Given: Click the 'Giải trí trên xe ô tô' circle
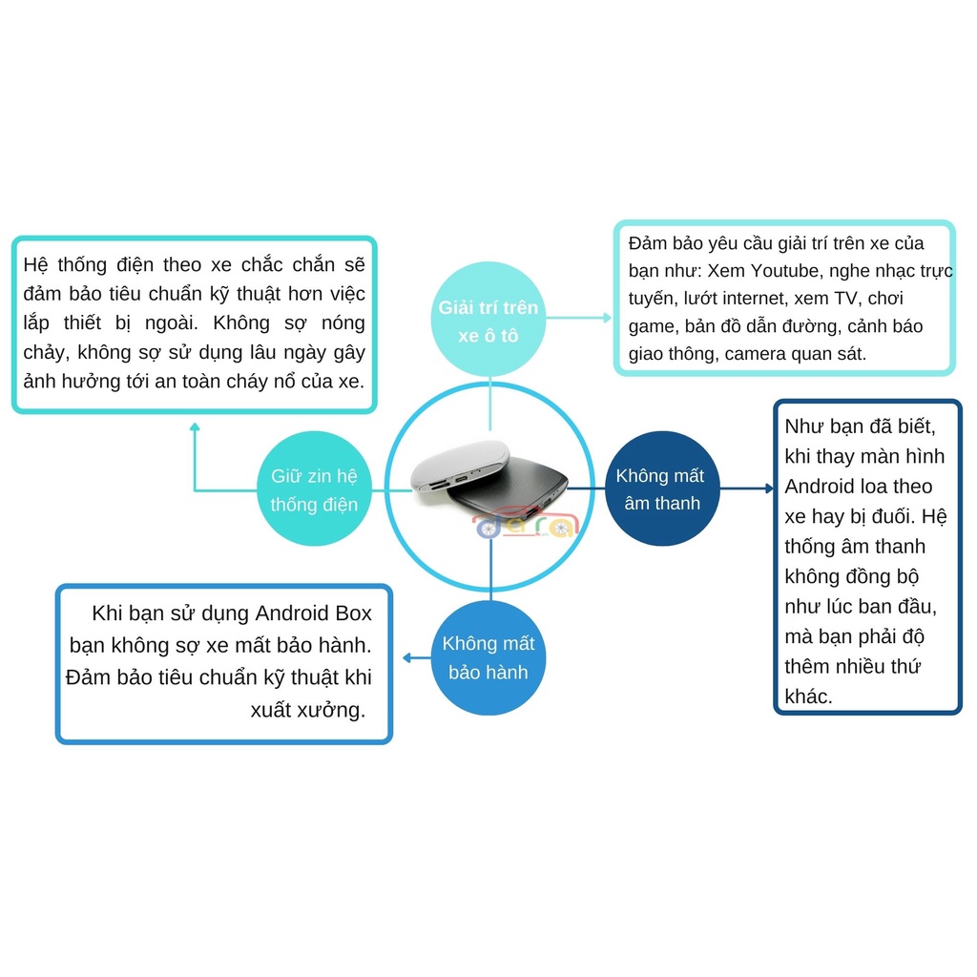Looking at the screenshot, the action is point(488,322).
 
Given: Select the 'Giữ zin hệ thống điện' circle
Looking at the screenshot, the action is point(314,490).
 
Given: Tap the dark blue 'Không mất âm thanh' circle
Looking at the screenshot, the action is point(662,488).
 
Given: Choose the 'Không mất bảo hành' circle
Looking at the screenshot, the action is point(488,657).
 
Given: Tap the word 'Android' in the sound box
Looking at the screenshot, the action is point(820,487).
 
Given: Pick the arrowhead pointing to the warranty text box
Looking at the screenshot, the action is point(407,657).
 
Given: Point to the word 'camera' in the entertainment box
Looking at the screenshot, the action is point(760,354).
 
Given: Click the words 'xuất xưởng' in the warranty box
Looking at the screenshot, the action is point(307,710).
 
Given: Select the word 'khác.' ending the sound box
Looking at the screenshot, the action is point(808,696).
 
